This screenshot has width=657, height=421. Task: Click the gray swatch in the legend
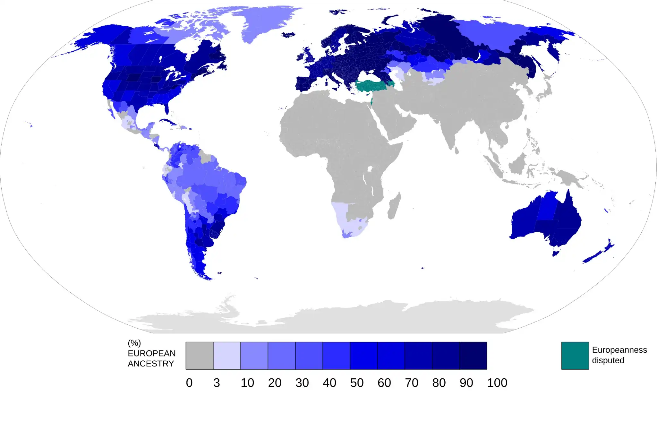pyautogui.click(x=199, y=356)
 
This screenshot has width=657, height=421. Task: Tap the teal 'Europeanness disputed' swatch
pyautogui.click(x=575, y=356)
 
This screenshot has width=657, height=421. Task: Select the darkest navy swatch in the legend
pyautogui.click(x=473, y=356)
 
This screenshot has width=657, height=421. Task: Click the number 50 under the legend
pyautogui.click(x=357, y=383)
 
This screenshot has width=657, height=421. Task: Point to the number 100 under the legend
pyautogui.click(x=497, y=383)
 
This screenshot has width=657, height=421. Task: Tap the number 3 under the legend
pyautogui.click(x=217, y=383)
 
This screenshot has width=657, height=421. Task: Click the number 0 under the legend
pyautogui.click(x=189, y=383)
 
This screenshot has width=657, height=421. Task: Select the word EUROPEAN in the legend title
pyautogui.click(x=151, y=353)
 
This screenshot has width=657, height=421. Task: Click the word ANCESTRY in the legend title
pyautogui.click(x=151, y=364)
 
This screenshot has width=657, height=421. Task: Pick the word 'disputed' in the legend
pyautogui.click(x=608, y=360)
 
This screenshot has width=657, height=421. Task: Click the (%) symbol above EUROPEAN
pyautogui.click(x=134, y=343)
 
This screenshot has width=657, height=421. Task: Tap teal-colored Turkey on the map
pyautogui.click(x=374, y=86)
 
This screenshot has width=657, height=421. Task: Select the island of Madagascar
pyautogui.click(x=394, y=206)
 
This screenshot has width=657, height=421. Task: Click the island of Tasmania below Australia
pyautogui.click(x=556, y=253)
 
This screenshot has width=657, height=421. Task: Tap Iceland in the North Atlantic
pyautogui.click(x=288, y=35)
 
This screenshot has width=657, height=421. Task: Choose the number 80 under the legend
pyautogui.click(x=439, y=383)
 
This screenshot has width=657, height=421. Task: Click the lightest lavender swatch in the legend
pyautogui.click(x=227, y=356)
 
